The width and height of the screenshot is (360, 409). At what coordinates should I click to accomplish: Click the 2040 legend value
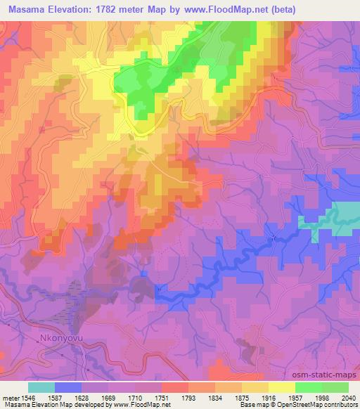tap(347, 398)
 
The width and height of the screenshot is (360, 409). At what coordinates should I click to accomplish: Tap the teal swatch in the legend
tap(41, 387)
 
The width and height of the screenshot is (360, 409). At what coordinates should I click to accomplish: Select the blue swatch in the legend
tap(68, 387)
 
